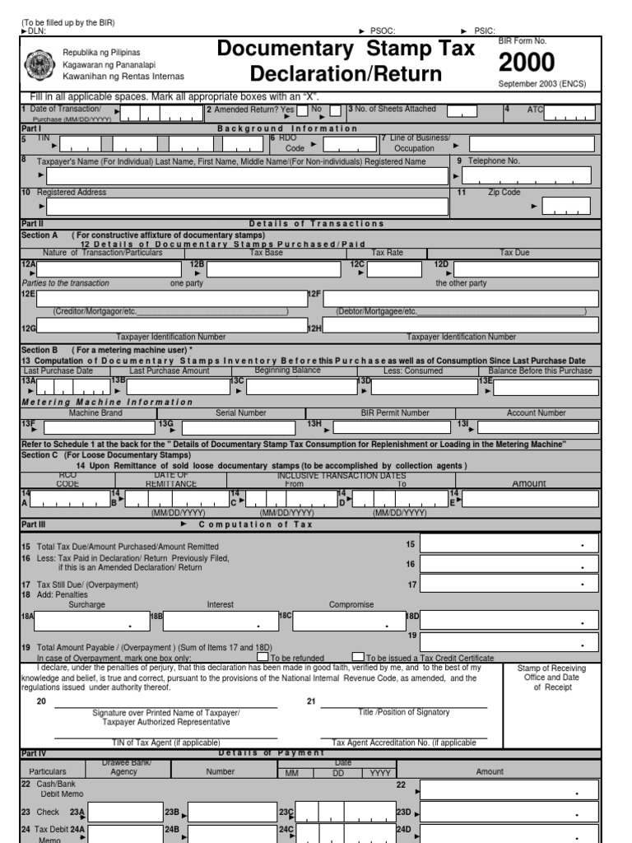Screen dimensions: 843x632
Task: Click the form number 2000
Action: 527,63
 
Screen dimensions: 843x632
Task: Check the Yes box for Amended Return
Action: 302,111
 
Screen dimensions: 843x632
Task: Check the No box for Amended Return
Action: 335,111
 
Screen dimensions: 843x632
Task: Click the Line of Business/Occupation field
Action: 532,144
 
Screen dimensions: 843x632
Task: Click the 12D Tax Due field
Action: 526,269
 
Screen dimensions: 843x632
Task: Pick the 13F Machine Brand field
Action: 98,427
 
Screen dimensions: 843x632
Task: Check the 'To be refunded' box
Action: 263,657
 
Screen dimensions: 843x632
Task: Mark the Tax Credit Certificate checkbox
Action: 358,657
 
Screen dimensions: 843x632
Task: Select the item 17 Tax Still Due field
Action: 509,584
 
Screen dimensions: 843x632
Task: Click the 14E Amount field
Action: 532,500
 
